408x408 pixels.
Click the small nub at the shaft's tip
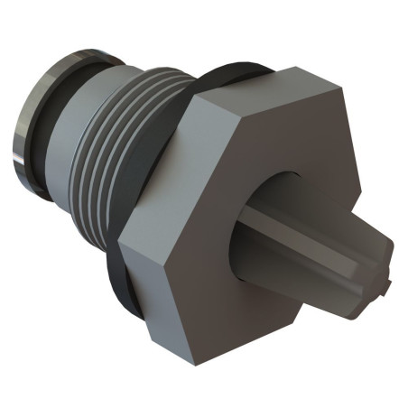386,287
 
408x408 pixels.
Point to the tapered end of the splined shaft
366,262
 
